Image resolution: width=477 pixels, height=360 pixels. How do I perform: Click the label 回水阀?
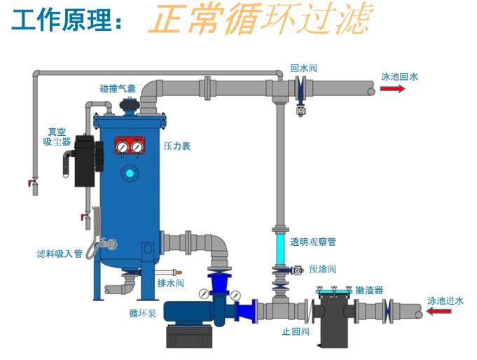304,69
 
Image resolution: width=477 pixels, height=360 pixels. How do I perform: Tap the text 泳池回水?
399,76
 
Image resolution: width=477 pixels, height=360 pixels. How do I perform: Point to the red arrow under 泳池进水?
439,312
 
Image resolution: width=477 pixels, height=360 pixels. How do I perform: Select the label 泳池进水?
445,300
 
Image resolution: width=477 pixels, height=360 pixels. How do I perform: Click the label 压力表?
177,146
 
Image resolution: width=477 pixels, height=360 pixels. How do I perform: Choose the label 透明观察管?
313,242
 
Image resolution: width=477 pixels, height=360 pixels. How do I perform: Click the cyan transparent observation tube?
279,242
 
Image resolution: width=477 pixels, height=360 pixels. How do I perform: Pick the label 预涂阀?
323,268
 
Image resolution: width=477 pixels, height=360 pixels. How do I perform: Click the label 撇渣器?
369,290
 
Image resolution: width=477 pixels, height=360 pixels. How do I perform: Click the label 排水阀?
171,283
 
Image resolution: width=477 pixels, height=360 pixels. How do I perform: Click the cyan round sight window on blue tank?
128,173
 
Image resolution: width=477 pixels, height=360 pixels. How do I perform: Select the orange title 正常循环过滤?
259,20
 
